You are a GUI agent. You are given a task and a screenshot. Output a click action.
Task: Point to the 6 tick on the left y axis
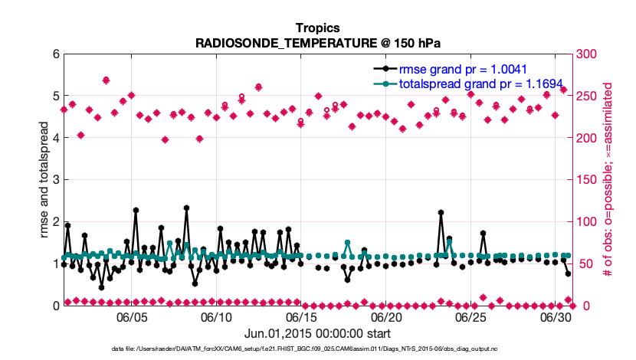click(x=56, y=54)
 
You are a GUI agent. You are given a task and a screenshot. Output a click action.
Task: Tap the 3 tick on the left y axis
click(x=56, y=180)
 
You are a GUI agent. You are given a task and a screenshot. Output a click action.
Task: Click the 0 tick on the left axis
click(x=56, y=306)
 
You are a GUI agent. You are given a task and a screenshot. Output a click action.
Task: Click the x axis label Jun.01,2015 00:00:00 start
click(x=317, y=333)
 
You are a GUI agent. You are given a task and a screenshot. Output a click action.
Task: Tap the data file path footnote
click(x=317, y=349)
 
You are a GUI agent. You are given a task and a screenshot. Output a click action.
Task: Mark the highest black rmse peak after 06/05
click(x=186, y=208)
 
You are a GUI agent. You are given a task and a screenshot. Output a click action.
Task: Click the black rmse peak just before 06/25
click(x=441, y=212)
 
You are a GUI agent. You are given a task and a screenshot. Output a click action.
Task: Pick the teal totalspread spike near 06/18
click(x=348, y=243)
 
